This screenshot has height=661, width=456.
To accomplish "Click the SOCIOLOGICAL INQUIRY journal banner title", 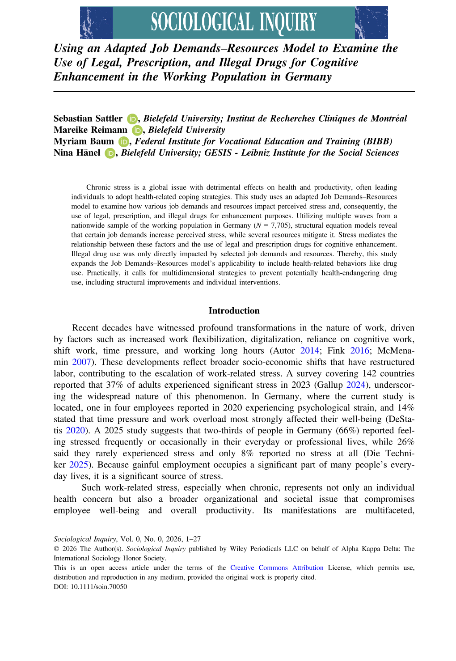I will coord(233,22).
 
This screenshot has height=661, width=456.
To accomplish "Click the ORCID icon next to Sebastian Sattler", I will coord(132,119).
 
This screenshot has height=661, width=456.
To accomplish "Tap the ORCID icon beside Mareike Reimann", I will coord(137,130).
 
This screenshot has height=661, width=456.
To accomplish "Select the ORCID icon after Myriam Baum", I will coord(123,142).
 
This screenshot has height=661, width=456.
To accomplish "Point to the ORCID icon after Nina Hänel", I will coord(110,153).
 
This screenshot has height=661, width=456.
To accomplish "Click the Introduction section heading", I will coord(234,311).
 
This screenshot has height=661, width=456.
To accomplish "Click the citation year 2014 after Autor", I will coord(309,351).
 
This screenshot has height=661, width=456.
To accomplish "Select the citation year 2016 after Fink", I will coord(359,351).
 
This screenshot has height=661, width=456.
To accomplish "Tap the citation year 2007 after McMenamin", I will coord(81,362).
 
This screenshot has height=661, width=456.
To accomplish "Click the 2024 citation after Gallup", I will coord(356,385).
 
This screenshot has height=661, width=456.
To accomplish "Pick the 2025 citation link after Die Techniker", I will coord(78,465).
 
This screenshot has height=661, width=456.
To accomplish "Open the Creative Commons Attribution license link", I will coord(277,568).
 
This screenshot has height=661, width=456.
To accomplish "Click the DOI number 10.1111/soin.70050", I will coord(99,587).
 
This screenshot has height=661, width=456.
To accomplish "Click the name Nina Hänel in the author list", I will coord(77,153).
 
